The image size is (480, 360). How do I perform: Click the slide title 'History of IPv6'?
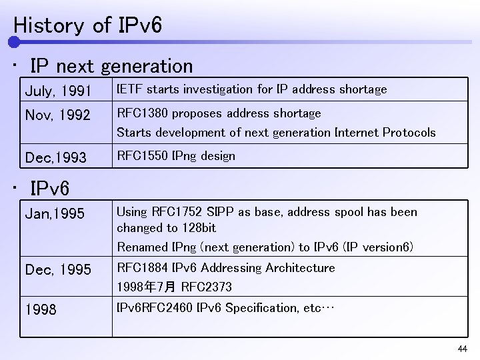coord(87,25)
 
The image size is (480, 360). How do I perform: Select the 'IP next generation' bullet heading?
coord(111,66)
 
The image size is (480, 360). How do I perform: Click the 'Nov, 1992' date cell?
coord(57,115)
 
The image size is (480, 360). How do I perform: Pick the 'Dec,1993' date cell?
coord(55,158)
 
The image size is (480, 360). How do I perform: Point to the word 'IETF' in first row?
coord(130,89)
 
